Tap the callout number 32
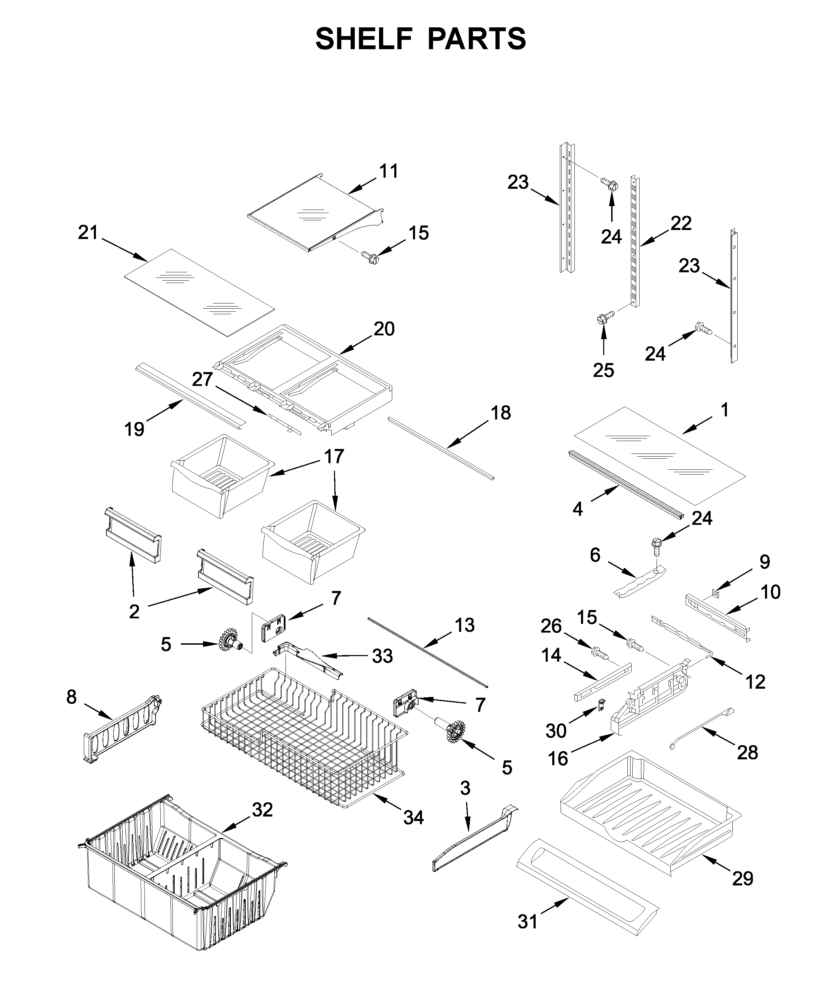point(263,809)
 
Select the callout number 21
point(88,233)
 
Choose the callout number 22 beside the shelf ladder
point(681,223)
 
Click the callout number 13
point(465,625)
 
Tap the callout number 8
point(71,697)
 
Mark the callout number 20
point(384,329)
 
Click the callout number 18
point(501,413)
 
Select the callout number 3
point(465,788)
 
